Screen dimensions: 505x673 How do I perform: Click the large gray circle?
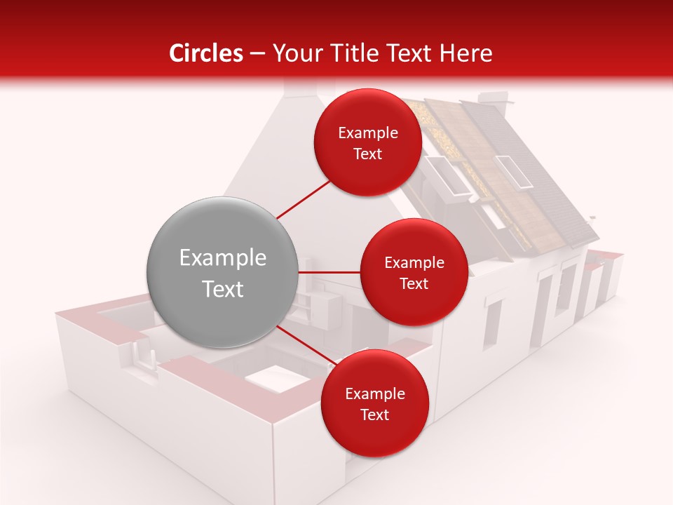pyautogui.click(x=223, y=272)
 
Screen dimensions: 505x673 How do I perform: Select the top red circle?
pyautogui.click(x=367, y=142)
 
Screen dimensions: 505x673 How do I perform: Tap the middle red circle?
pyautogui.click(x=414, y=272)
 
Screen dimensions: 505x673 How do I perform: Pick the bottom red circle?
pyautogui.click(x=374, y=403)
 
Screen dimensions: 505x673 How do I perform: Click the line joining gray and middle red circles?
pyautogui.click(x=329, y=272)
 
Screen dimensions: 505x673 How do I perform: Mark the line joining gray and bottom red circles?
pyautogui.click(x=304, y=344)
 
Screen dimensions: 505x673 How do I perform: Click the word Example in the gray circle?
pyautogui.click(x=223, y=258)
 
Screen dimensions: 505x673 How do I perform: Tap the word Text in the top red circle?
pyautogui.click(x=367, y=154)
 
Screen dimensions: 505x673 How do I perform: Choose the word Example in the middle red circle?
pyautogui.click(x=414, y=263)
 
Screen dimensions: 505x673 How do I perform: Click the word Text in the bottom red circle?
pyautogui.click(x=374, y=415)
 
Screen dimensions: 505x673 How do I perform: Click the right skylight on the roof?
pyautogui.click(x=515, y=172)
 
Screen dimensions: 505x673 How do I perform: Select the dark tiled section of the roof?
pyautogui.click(x=540, y=175)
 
